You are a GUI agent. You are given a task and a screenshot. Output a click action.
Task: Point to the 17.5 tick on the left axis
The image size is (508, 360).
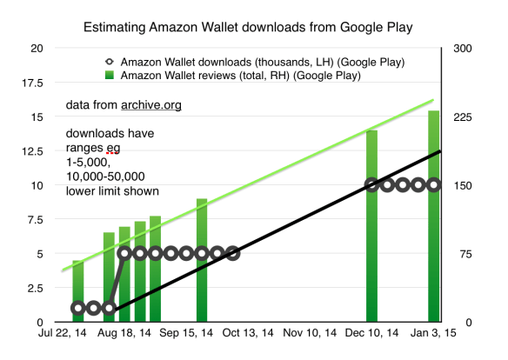32,85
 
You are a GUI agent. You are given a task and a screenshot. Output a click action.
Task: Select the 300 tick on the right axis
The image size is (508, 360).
461,48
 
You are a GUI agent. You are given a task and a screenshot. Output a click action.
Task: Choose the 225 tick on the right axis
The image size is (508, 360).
461,117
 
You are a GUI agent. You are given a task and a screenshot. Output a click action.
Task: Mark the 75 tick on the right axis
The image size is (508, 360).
458,254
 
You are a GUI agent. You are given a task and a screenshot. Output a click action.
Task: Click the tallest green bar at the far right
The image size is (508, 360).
434,217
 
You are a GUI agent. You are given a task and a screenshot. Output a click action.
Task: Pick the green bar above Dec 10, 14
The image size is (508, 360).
371,226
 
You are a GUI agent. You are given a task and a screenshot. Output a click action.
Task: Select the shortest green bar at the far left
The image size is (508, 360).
77,291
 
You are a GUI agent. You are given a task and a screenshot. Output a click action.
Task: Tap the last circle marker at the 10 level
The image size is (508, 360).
434,185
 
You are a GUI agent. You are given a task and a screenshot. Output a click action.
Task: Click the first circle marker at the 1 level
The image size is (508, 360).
78,308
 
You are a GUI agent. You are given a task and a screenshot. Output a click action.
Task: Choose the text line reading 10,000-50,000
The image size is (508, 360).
104,176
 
